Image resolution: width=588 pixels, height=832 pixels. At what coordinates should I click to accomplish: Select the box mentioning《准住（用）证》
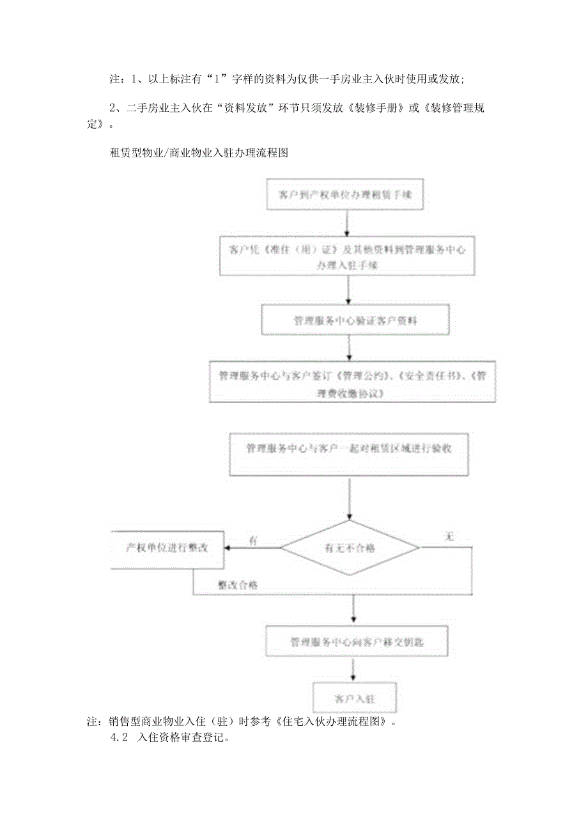[x=346, y=257]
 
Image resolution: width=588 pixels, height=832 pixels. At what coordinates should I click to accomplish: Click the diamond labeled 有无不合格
[x=350, y=548]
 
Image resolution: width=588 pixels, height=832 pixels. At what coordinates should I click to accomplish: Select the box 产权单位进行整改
[x=167, y=548]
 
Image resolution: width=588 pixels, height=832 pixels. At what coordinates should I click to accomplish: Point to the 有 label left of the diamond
[x=253, y=541]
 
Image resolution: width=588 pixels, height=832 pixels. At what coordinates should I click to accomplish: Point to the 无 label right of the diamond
[x=449, y=538]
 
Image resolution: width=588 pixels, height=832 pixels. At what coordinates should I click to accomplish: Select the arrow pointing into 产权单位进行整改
[x=252, y=548]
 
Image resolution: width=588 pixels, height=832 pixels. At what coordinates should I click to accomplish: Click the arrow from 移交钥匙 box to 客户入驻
[x=353, y=670]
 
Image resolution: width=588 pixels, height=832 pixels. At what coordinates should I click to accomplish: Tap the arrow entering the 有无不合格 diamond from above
[x=349, y=501]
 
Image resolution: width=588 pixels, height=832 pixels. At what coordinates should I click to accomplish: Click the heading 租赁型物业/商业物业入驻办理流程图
[x=200, y=152]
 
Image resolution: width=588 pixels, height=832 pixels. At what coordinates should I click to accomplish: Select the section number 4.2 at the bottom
[x=120, y=737]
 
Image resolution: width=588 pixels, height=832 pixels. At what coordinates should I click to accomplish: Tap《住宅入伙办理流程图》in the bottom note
[x=332, y=721]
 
